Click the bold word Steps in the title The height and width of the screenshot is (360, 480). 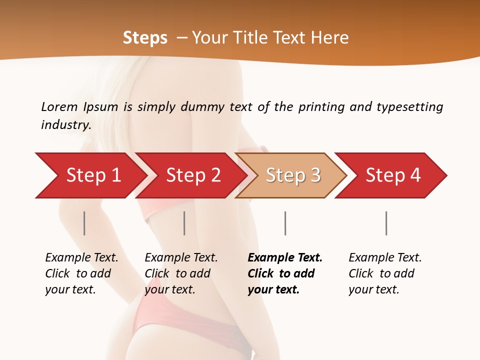145,38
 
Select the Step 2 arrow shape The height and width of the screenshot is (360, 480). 192,175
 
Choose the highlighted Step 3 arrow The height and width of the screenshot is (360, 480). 292,175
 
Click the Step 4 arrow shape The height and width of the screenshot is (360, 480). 392,175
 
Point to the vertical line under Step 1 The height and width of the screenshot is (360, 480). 84,223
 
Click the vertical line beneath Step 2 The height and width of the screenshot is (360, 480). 184,223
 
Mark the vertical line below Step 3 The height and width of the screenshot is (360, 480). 285,223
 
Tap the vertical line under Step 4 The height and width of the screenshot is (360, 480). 386,223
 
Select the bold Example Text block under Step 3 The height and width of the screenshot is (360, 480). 285,273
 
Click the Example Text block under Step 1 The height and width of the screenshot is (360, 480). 81,273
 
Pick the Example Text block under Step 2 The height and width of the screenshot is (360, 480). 181,273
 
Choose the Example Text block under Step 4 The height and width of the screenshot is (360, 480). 385,273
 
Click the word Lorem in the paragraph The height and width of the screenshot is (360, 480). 59,106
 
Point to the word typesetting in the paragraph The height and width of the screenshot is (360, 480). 409,107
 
